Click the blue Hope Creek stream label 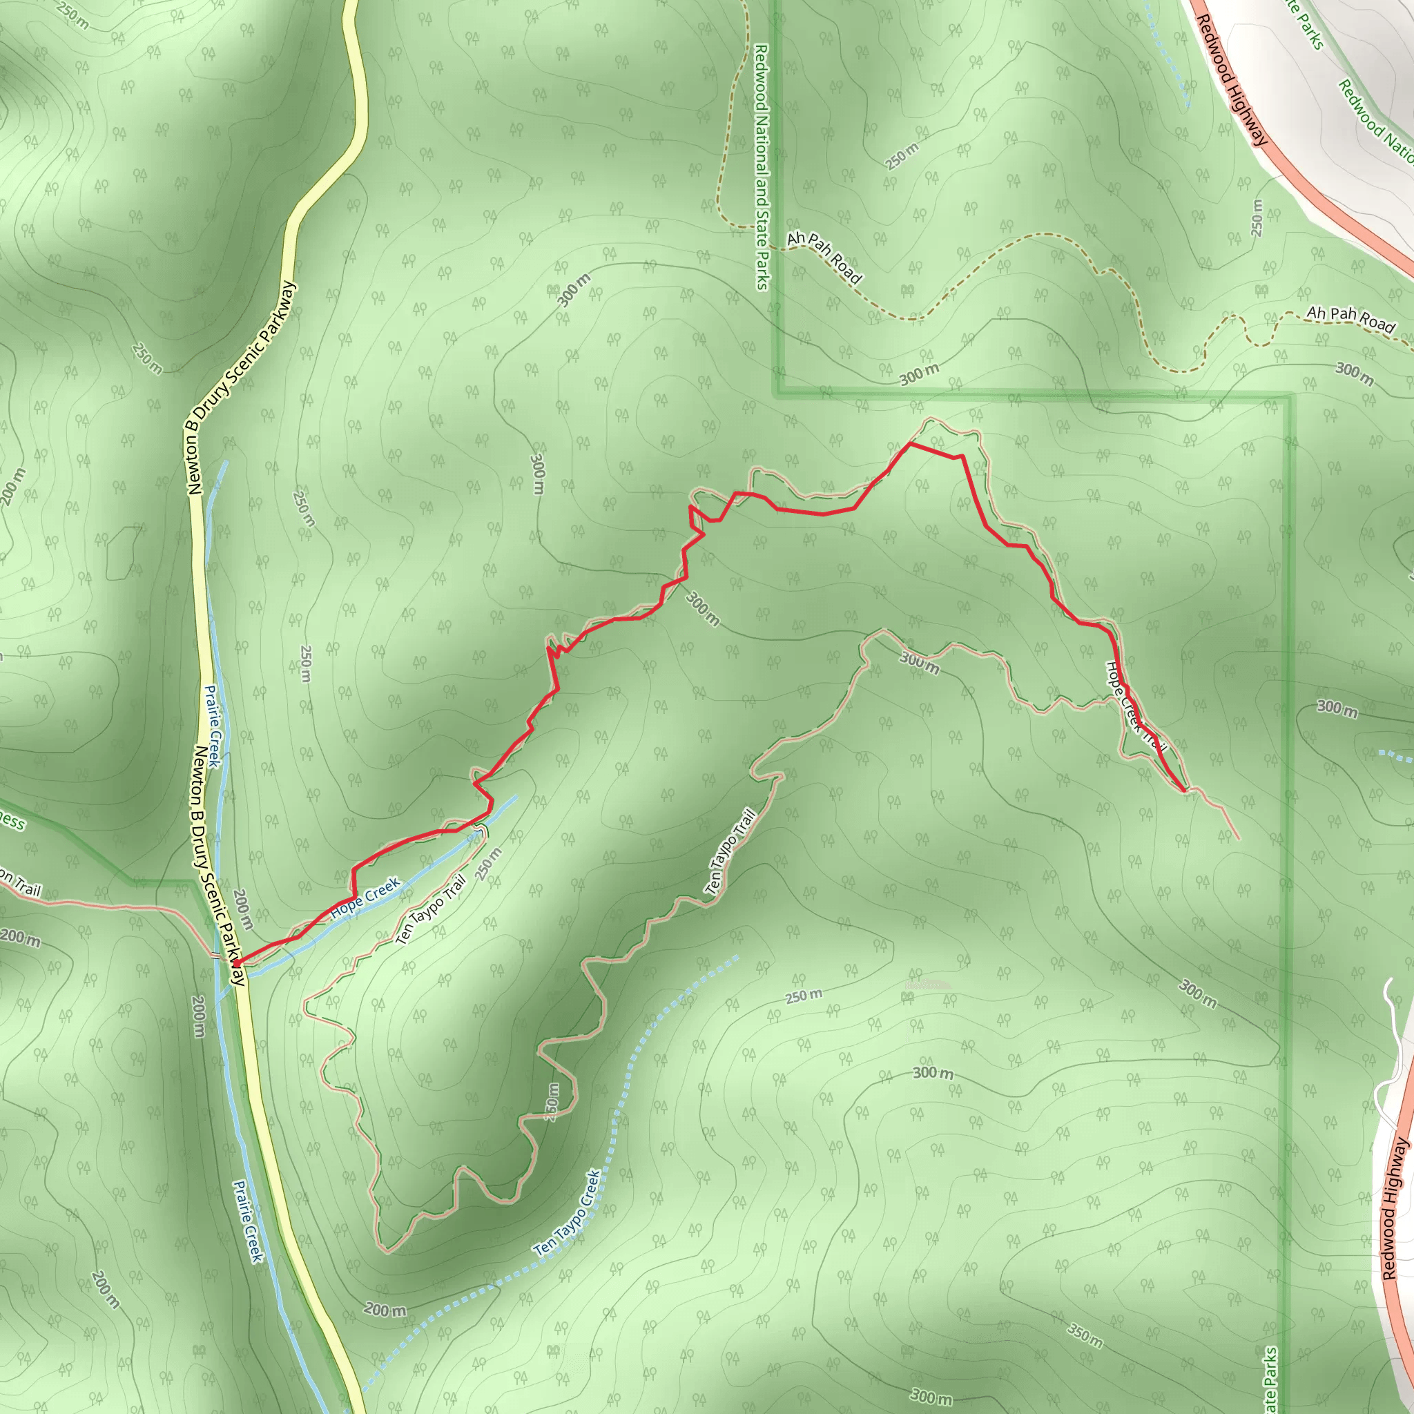[x=365, y=898]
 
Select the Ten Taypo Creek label [x=568, y=1214]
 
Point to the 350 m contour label [x=1085, y=1337]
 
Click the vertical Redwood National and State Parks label [x=762, y=167]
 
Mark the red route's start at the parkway [x=236, y=963]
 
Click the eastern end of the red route [x=1183, y=791]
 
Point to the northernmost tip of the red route [x=910, y=443]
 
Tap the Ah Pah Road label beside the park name [x=825, y=258]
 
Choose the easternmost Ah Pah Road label [x=1350, y=319]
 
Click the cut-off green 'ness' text [x=12, y=822]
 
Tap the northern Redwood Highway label [x=1231, y=81]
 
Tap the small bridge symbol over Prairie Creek [x=217, y=955]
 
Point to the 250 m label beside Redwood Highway [x=1257, y=217]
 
